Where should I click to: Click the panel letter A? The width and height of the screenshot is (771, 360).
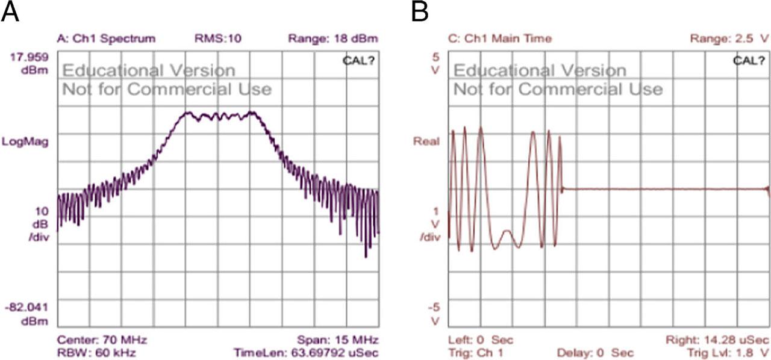click(11, 11)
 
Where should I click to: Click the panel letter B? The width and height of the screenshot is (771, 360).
click(420, 11)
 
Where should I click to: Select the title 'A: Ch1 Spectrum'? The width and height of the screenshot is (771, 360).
click(106, 39)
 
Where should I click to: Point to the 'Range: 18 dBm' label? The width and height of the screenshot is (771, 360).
click(333, 39)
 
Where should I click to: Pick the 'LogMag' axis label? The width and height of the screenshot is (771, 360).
click(28, 142)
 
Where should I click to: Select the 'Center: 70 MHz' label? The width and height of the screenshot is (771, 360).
click(102, 339)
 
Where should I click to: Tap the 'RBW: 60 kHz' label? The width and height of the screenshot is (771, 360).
click(96, 352)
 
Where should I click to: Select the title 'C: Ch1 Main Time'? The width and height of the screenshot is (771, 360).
click(500, 39)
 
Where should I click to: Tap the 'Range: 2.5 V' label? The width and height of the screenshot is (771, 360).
click(729, 39)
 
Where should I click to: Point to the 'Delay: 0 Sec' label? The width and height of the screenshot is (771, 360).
click(596, 352)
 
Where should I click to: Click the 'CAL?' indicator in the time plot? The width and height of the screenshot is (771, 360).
click(749, 60)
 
